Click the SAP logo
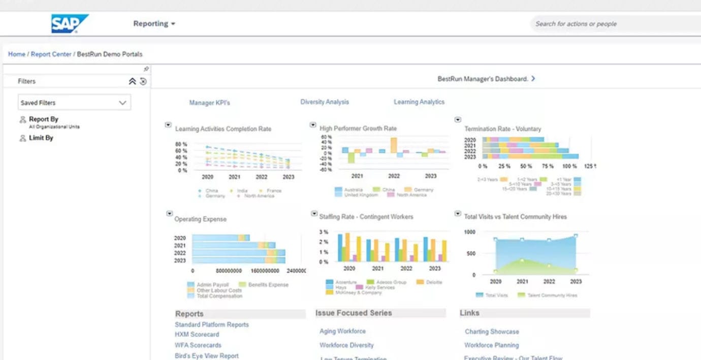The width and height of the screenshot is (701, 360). click(70, 23)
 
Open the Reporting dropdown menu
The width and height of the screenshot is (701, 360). click(154, 24)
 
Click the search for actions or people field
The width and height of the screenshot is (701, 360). click(610, 24)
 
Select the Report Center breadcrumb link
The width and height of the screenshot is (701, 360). click(51, 54)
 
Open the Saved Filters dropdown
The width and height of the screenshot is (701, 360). click(74, 103)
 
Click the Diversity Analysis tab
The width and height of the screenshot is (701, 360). click(325, 102)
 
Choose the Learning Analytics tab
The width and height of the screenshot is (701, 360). click(419, 102)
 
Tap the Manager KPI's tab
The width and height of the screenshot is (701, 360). click(209, 103)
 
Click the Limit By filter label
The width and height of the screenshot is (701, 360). click(41, 138)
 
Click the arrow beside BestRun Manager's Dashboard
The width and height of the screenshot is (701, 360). click(533, 79)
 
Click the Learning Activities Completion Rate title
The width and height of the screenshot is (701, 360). click(223, 129)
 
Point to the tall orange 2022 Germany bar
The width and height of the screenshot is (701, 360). click(394, 145)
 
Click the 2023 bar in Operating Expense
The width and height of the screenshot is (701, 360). click(239, 260)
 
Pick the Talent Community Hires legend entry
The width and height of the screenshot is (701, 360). click(548, 295)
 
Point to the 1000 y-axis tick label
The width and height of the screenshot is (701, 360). click(469, 232)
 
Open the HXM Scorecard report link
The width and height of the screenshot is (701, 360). click(197, 335)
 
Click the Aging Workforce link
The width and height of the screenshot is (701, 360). click(342, 331)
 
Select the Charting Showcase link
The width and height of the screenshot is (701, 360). click(492, 332)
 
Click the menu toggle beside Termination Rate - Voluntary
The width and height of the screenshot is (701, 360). click(458, 120)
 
